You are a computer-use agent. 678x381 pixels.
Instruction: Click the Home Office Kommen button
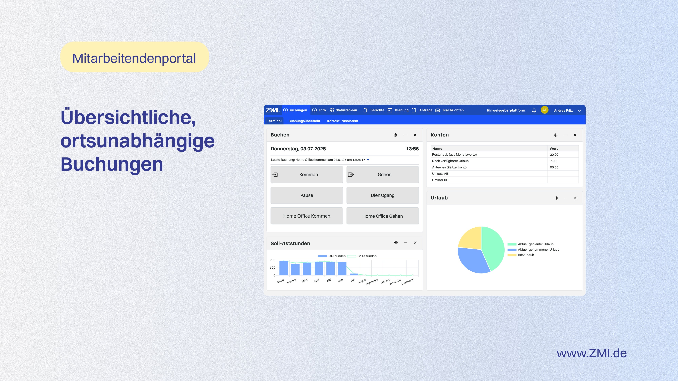pos(307,216)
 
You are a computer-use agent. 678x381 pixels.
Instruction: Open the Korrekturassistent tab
pos(342,121)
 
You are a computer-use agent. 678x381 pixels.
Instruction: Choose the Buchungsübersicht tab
pos(304,121)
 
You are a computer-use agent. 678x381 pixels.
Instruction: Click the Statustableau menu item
pos(343,110)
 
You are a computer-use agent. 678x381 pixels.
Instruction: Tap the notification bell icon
pos(534,110)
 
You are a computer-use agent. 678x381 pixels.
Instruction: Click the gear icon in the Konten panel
pos(556,135)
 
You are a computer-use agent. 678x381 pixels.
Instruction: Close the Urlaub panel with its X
pos(575,198)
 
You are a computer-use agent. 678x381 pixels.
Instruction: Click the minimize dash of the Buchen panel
pos(405,135)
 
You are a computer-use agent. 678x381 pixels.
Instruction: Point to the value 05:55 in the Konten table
pos(554,167)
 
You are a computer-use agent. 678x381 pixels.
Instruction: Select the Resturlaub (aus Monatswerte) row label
pos(454,155)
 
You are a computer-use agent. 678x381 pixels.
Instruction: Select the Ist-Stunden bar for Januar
pos(283,268)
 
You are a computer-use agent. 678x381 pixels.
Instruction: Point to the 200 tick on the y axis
pos(272,260)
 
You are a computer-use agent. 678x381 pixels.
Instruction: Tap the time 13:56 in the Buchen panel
pos(412,149)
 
